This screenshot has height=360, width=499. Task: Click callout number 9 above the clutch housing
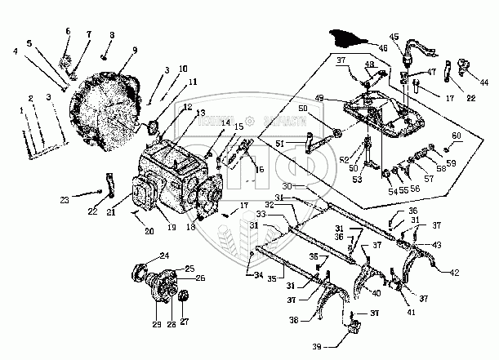[123, 49]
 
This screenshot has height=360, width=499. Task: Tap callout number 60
[457, 135]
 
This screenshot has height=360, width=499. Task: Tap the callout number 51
[279, 144]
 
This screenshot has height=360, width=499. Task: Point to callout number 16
[259, 170]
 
